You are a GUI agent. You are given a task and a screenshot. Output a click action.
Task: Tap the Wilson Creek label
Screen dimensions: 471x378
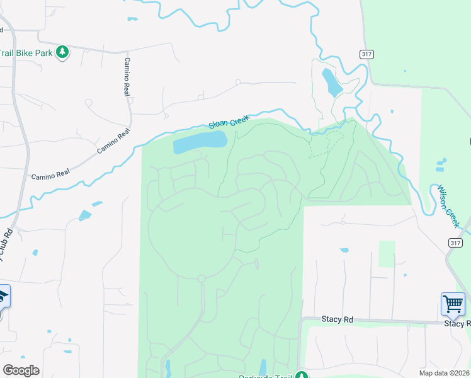tap(449, 207)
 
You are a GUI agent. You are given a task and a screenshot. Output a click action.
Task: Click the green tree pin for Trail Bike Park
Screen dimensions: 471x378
tap(62, 52)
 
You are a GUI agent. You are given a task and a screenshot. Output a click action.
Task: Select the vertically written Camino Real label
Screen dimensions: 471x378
tap(127, 76)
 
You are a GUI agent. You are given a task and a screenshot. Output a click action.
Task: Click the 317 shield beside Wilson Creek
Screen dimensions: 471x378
tap(456, 243)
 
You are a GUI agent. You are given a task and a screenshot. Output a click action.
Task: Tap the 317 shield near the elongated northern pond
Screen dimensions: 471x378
tap(366, 54)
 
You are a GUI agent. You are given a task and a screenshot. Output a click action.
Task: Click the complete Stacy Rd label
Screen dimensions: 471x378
tap(338, 319)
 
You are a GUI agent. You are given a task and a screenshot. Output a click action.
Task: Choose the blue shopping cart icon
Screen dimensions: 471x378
tap(453, 304)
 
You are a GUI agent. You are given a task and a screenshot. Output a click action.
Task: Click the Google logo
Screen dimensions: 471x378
tap(21, 370)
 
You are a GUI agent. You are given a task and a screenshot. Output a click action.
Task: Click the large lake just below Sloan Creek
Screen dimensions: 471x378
tap(200, 142)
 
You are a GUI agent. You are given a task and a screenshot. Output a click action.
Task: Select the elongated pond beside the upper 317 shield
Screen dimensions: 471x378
tap(331, 83)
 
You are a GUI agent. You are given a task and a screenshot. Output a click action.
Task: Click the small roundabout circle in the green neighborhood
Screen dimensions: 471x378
tap(201, 278)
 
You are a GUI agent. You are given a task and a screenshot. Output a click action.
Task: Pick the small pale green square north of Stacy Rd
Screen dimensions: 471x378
tap(387, 253)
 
